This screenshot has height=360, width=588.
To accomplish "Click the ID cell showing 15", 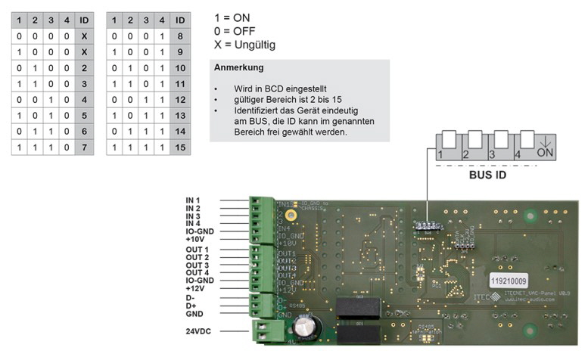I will (179, 146).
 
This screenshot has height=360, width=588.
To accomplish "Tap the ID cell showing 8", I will (179, 35).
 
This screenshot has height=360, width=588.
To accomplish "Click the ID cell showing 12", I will (179, 98).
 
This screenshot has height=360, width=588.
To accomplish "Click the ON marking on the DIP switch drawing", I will (543, 154).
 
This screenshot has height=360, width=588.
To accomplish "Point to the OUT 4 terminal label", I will (199, 272).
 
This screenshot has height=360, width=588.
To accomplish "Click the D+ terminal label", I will (192, 306).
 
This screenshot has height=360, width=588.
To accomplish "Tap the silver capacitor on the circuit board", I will (306, 327).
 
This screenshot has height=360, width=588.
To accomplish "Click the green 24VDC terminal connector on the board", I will (265, 331).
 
